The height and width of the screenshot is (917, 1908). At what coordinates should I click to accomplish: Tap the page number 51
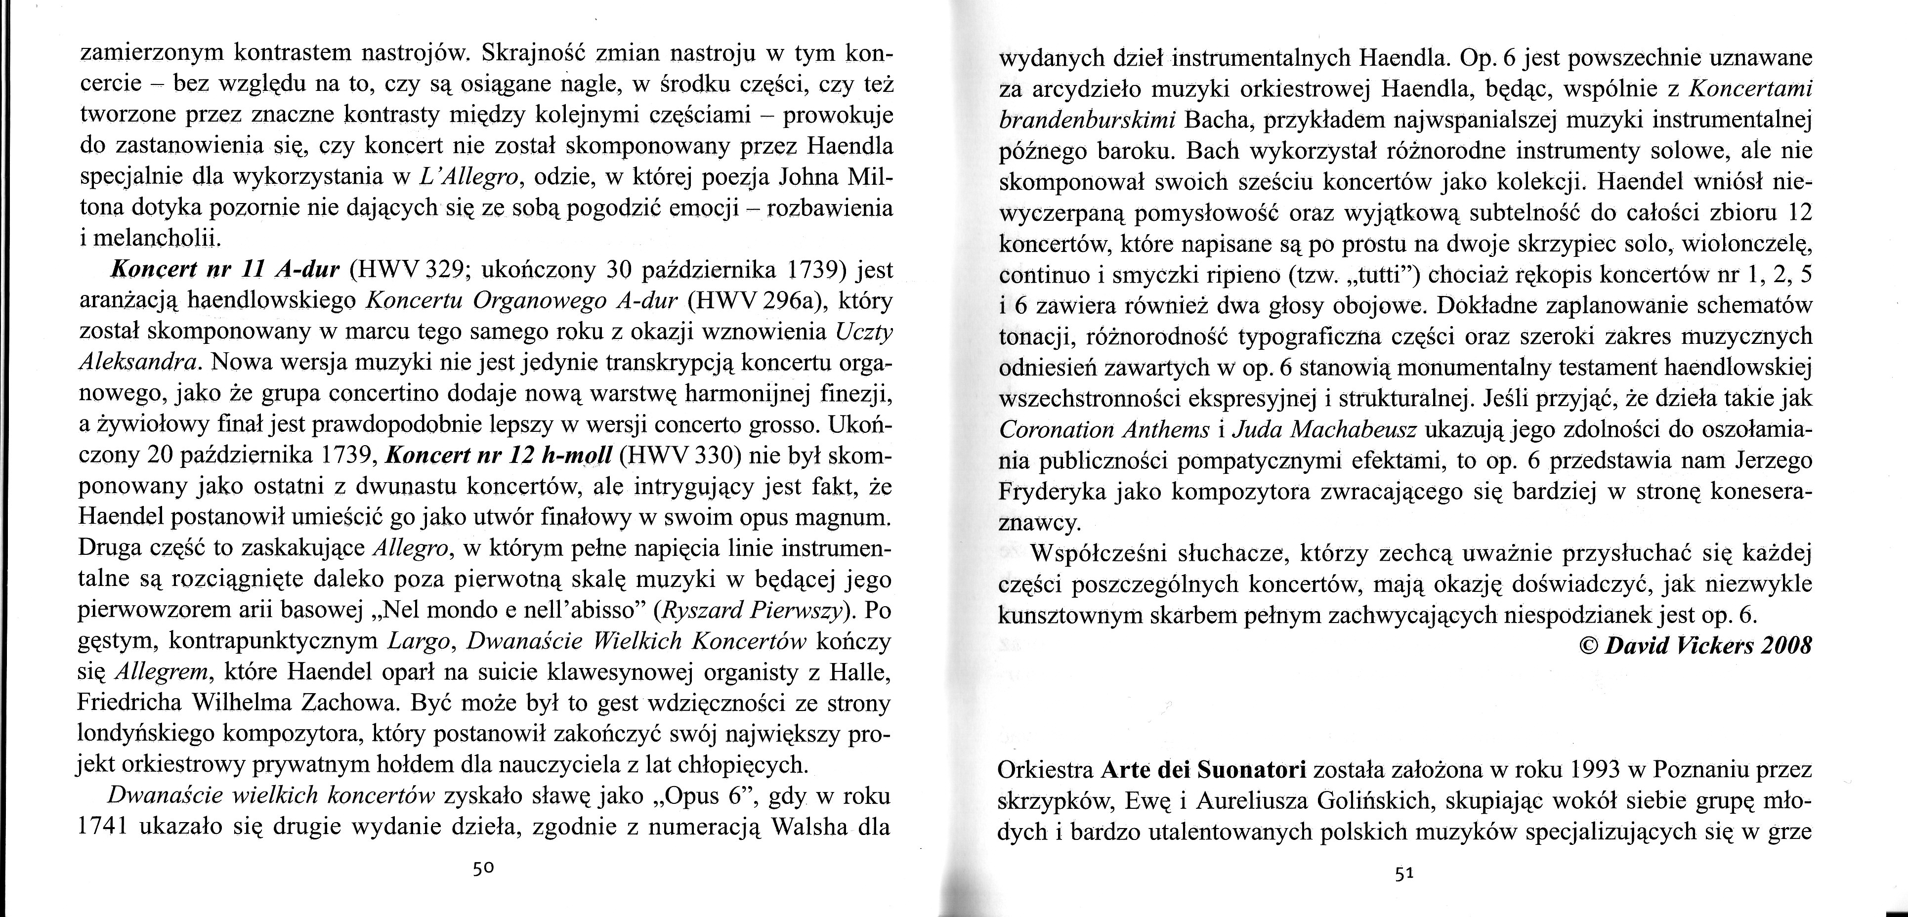tap(1405, 874)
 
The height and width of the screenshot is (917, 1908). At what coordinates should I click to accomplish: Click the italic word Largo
tap(417, 641)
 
